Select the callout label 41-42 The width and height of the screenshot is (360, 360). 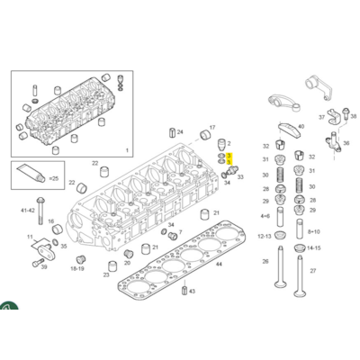pyautogui.click(x=28, y=210)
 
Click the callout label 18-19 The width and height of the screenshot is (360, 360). pyautogui.click(x=78, y=267)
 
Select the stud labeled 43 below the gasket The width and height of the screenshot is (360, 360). pyautogui.click(x=184, y=291)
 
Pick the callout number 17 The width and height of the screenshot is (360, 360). pyautogui.click(x=211, y=126)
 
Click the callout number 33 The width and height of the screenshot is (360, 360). pyautogui.click(x=240, y=178)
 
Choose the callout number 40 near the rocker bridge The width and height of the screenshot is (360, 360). pyautogui.click(x=301, y=127)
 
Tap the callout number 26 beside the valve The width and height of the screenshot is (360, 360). pyautogui.click(x=265, y=262)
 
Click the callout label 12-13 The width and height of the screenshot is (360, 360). pyautogui.click(x=265, y=235)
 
